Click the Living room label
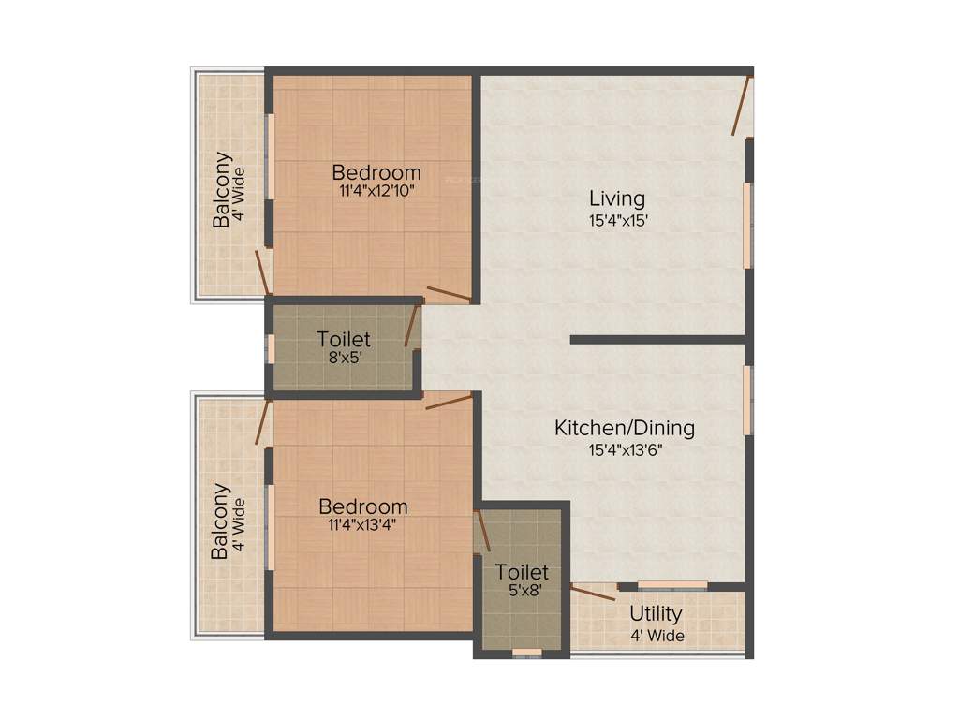(x=616, y=198)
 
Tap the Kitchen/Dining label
(x=625, y=428)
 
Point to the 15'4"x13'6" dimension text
(x=625, y=449)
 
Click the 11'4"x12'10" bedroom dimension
(x=376, y=190)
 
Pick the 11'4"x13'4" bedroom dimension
(x=362, y=524)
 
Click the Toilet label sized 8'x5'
(x=344, y=339)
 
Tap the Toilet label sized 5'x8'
(x=522, y=571)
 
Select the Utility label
(x=656, y=614)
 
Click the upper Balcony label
(x=222, y=190)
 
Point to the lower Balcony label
(x=220, y=521)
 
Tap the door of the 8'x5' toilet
(x=410, y=325)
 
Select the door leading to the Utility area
(x=594, y=592)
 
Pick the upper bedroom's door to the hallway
(x=449, y=294)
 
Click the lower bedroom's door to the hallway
(x=449, y=402)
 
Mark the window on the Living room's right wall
(x=747, y=225)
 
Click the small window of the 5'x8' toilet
(x=526, y=652)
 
